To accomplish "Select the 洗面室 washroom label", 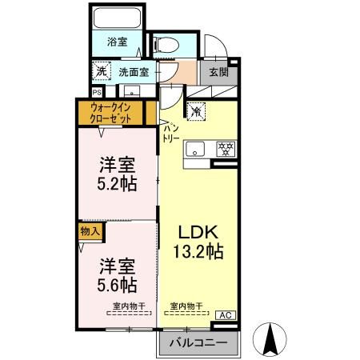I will coord(134,72).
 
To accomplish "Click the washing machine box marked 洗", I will coord(101,71).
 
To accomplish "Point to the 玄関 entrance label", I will coord(218,72).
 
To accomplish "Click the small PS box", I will coord(95,91).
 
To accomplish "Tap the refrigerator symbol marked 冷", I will coord(194,111).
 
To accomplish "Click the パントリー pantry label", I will coord(171,133).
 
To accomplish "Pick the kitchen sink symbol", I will coord(194,149).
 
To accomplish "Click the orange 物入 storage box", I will coord(90,231).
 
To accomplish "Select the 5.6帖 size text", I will coord(117,284).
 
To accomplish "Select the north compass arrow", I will coord(271,338).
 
